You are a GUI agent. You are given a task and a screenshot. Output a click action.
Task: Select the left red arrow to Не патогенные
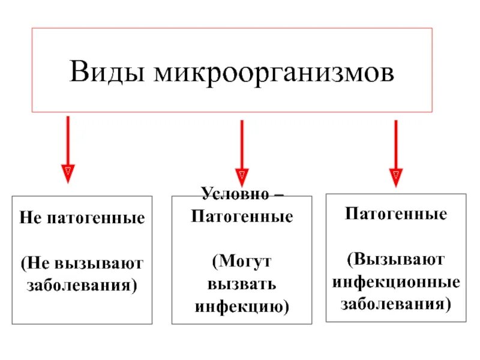click(68, 144)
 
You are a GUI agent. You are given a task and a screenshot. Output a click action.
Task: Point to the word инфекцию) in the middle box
click(242, 307)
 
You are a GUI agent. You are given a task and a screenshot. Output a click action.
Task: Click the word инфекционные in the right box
click(396, 281)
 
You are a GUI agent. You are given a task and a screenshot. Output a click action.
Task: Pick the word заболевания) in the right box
click(396, 303)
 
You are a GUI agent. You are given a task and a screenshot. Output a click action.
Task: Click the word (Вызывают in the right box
click(396, 259)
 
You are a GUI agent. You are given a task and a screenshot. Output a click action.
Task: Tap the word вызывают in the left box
click(100, 262)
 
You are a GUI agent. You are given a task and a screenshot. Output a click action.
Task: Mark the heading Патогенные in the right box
click(396, 214)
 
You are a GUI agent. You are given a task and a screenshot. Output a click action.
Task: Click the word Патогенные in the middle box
click(242, 216)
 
